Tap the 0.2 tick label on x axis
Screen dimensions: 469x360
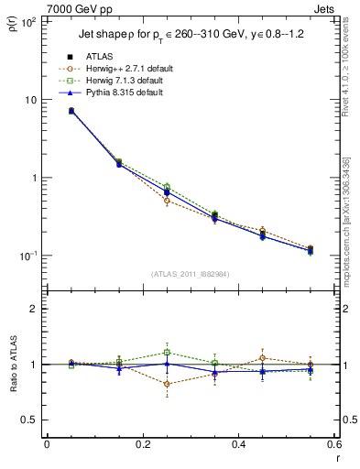(142, 446)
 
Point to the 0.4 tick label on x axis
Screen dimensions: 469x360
(238, 446)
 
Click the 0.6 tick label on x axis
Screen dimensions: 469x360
(333, 446)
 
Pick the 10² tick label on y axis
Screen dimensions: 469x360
(27, 22)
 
